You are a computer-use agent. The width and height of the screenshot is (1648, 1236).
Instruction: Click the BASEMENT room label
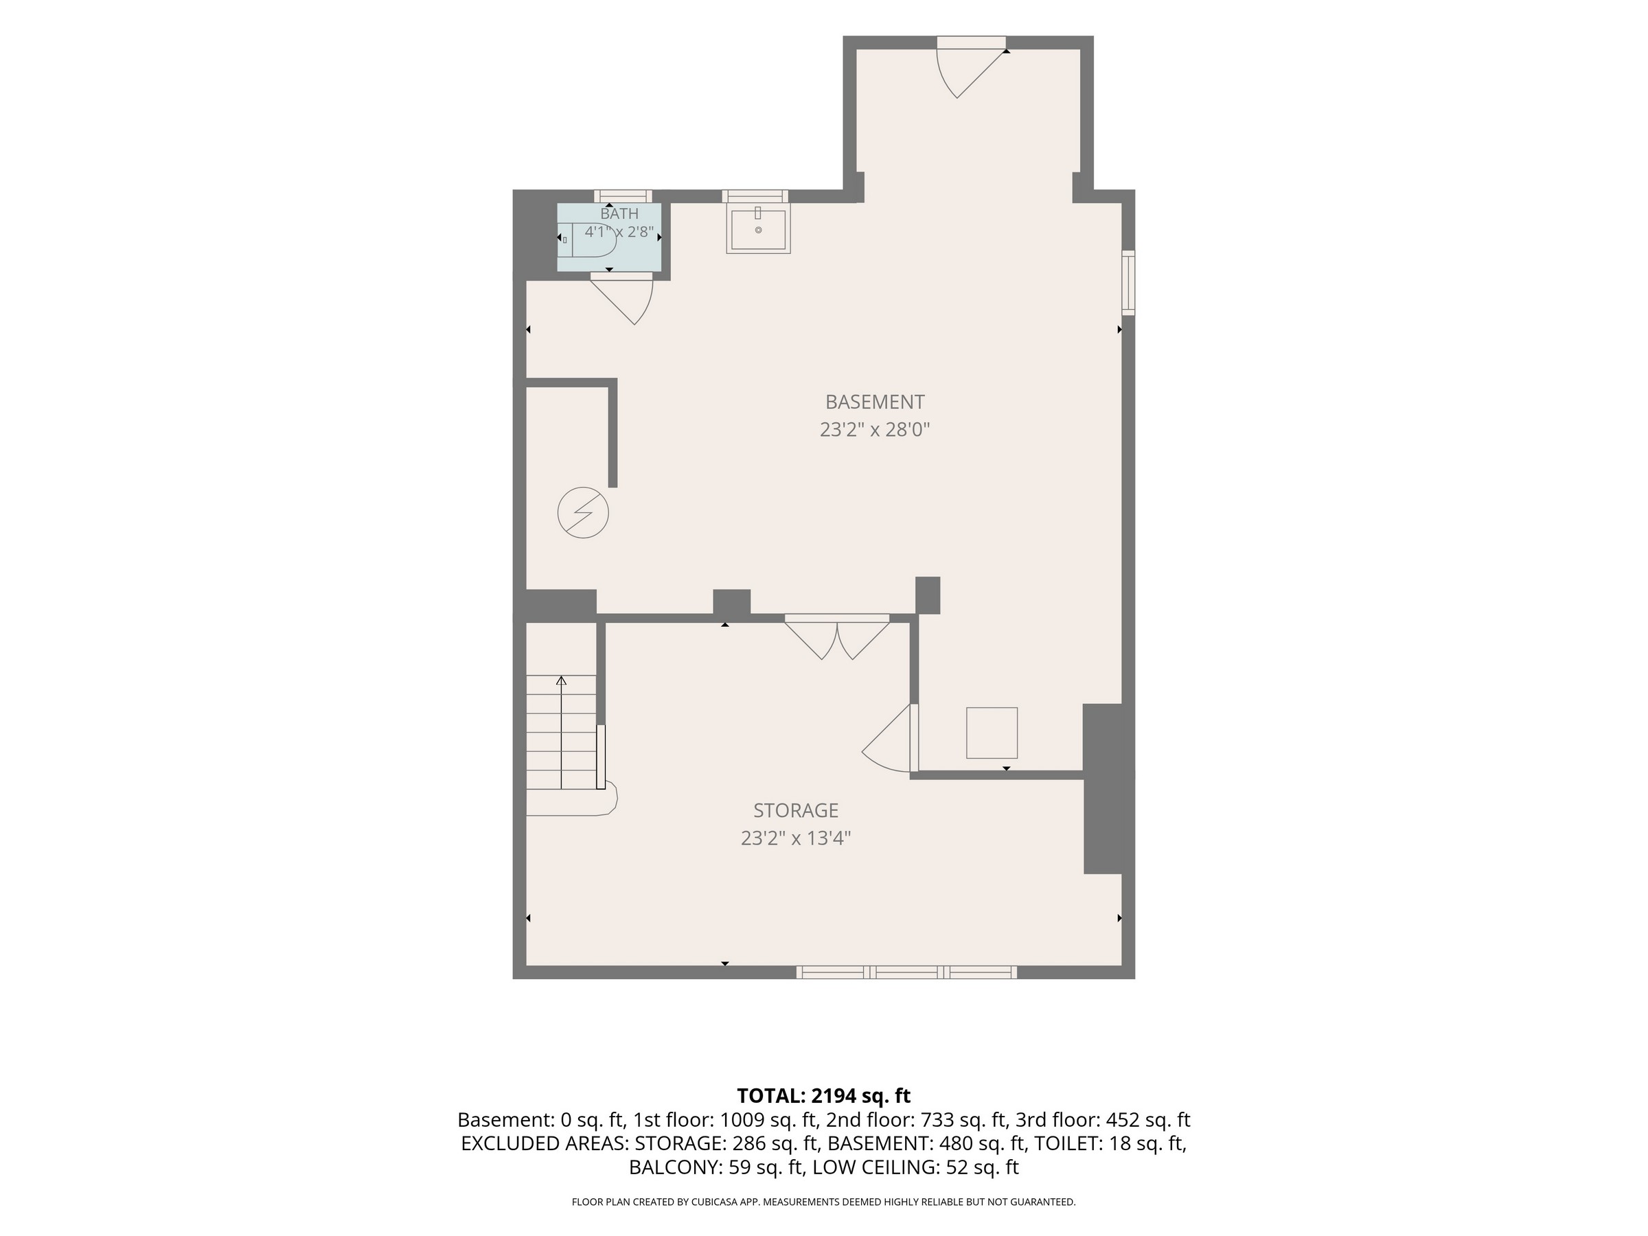pyautogui.click(x=875, y=402)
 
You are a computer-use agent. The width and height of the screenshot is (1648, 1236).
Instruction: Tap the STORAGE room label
pyautogui.click(x=796, y=810)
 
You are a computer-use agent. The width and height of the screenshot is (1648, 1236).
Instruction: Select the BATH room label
pyautogui.click(x=619, y=214)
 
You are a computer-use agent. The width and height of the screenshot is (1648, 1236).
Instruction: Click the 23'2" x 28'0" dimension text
pyautogui.click(x=875, y=430)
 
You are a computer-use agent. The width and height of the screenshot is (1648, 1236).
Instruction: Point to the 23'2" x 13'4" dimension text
pyautogui.click(x=796, y=838)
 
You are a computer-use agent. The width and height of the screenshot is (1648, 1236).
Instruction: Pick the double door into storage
pyautogui.click(x=836, y=638)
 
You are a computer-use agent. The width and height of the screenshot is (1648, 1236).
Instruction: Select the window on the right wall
pyautogui.click(x=1129, y=282)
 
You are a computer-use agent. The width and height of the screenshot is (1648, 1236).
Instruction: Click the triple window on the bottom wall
pyautogui.click(x=906, y=972)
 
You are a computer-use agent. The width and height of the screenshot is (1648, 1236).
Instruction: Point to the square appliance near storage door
pyautogui.click(x=992, y=733)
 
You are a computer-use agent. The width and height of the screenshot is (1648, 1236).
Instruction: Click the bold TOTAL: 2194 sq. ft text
pyautogui.click(x=823, y=1096)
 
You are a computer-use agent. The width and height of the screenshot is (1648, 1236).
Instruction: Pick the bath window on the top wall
pyautogui.click(x=623, y=196)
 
